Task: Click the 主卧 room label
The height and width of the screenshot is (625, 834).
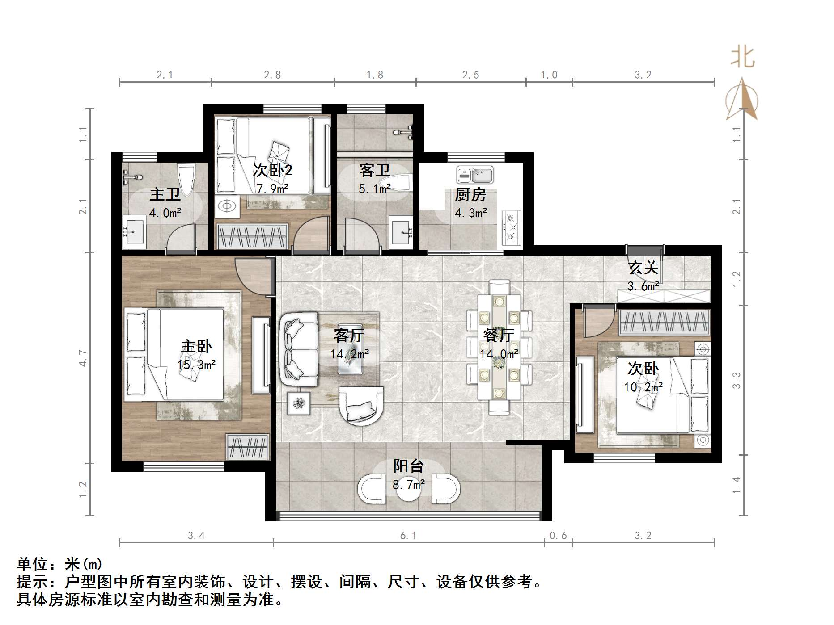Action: pos(196,346)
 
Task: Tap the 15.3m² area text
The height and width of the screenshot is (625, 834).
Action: pos(196,365)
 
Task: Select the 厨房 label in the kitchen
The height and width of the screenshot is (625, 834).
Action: pos(470,195)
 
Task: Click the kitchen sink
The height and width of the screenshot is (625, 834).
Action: pos(475,175)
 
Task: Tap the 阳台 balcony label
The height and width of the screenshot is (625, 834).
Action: pos(408,466)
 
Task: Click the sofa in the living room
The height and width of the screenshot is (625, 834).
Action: pos(299,350)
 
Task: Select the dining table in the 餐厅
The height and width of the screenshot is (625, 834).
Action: pos(499,347)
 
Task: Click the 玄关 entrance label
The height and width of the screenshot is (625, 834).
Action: pos(643,268)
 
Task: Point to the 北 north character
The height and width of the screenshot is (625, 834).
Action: pos(742,57)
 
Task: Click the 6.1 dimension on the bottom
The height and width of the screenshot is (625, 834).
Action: pos(408,535)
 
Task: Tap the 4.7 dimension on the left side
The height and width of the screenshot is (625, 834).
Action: pos(83,358)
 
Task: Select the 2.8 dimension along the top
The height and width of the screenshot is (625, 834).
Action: pos(272,75)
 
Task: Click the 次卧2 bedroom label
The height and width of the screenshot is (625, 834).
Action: pos(272,170)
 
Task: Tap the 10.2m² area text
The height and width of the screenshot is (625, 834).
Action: pos(643,387)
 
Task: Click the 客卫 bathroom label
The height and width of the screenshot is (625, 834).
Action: pos(374,170)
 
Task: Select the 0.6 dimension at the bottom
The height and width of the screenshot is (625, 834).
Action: pos(558,535)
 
